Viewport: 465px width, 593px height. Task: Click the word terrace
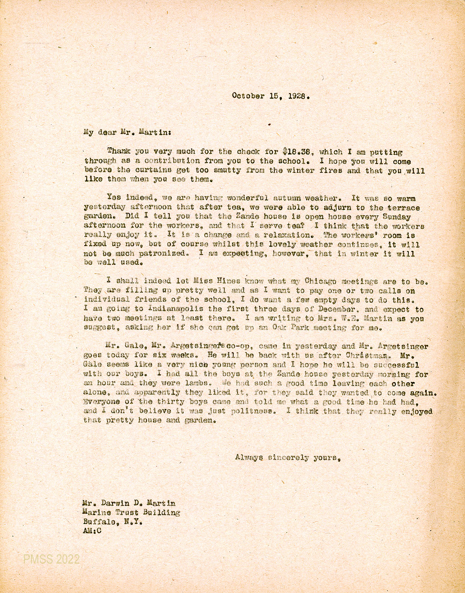point(404,208)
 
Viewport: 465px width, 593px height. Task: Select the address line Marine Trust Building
point(131,513)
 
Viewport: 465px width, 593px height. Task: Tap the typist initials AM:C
point(92,532)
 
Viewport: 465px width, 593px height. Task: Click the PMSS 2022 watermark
point(51,559)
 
